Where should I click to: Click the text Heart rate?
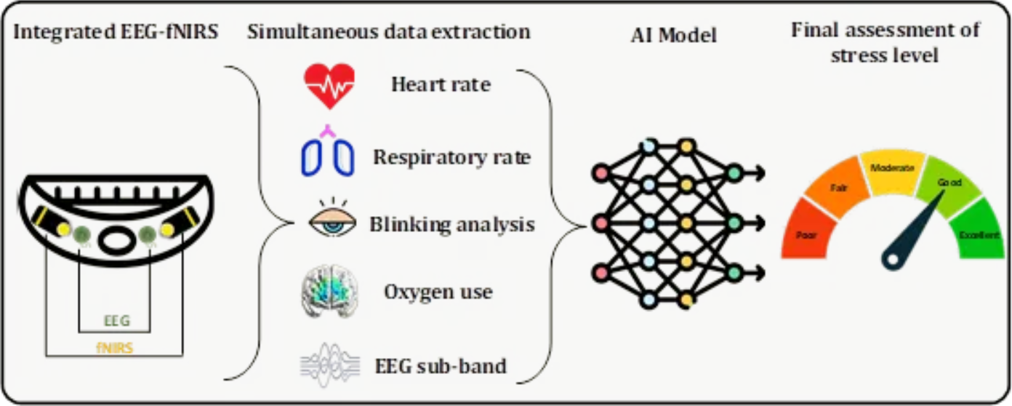441,84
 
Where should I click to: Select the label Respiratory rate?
452,156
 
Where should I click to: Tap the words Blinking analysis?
452,224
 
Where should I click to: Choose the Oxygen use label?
438,292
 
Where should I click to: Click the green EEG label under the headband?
112,319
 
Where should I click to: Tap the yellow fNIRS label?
114,348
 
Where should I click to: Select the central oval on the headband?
114,240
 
